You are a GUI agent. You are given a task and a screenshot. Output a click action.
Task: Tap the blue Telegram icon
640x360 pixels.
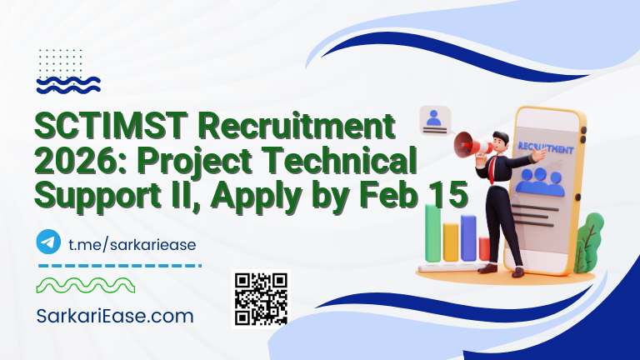(x=49, y=242)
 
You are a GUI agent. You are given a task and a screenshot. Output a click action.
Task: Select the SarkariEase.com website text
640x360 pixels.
(x=116, y=316)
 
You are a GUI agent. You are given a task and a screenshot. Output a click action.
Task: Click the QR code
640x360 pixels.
(x=261, y=297)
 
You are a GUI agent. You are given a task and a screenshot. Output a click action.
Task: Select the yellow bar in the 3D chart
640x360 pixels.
(x=451, y=242)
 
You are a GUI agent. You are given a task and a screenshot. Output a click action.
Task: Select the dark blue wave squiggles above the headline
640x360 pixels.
(x=69, y=83)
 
